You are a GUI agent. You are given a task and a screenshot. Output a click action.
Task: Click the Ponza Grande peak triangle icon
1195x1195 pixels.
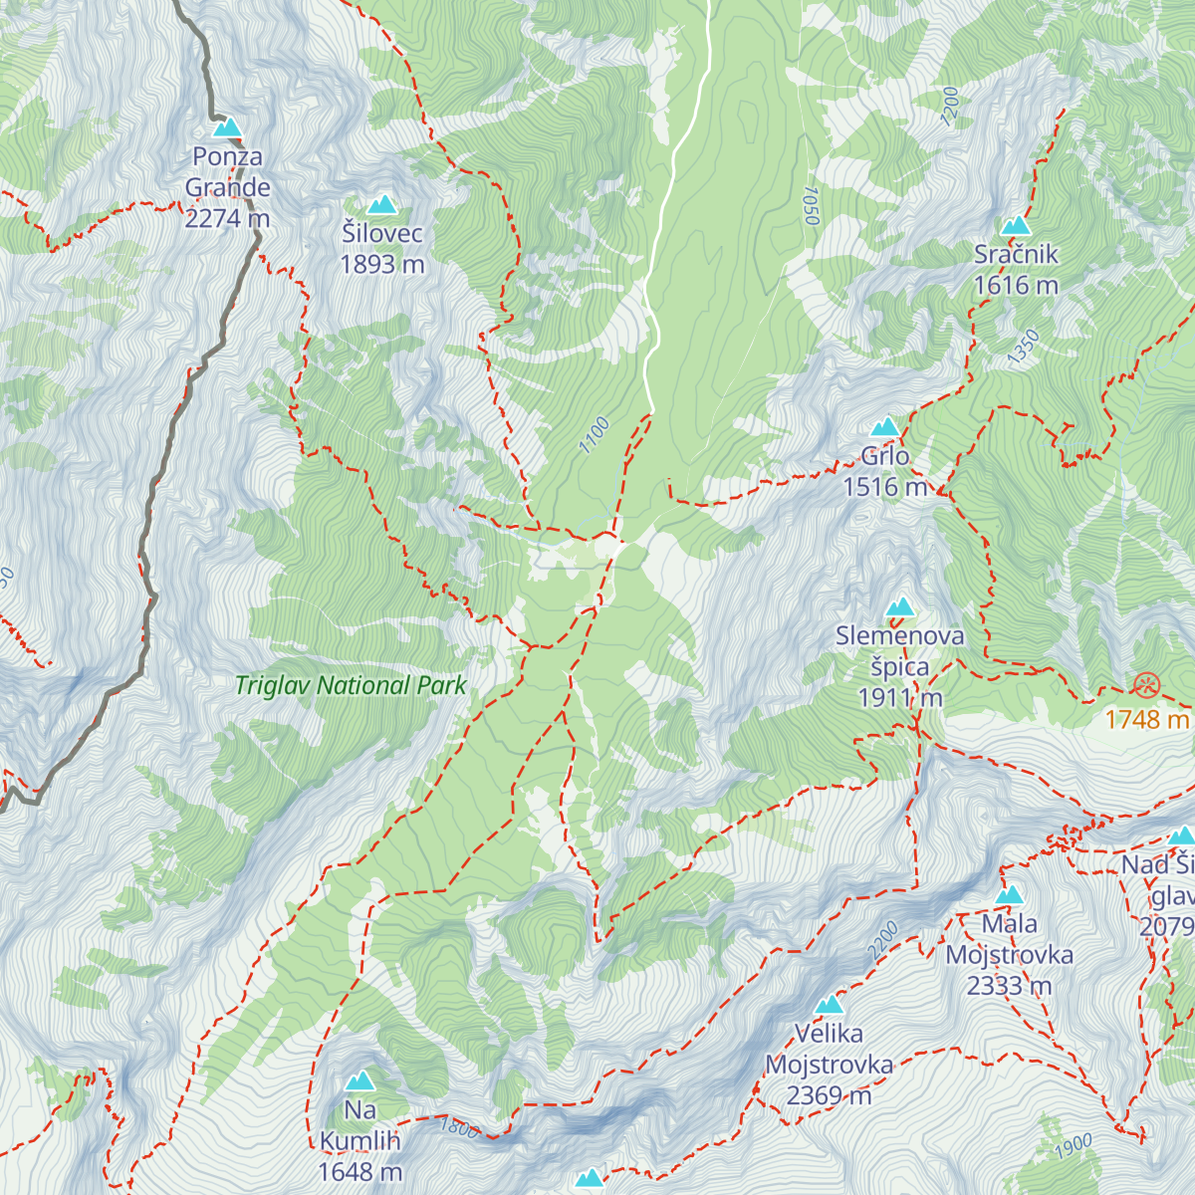[228, 128]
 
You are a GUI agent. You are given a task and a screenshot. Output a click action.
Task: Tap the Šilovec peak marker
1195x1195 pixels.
[381, 205]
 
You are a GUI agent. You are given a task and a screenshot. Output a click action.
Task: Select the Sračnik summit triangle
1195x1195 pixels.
[1015, 226]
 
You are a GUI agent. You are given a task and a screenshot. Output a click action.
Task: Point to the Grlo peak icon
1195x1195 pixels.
[884, 428]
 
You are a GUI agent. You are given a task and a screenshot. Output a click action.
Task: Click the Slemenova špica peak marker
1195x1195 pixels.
[900, 607]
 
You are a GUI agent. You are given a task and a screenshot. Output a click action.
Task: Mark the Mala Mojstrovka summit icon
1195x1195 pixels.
[1009, 895]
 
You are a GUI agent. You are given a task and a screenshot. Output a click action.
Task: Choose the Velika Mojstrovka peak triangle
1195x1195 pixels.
[829, 1005]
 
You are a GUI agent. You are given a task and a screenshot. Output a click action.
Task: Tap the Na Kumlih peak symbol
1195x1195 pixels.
[359, 1081]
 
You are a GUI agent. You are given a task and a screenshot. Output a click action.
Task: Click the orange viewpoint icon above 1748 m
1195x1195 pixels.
[1147, 684]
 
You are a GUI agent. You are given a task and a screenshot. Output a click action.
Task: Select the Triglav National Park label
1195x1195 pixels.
[351, 685]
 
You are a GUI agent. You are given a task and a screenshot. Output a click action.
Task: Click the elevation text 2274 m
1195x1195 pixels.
[227, 218]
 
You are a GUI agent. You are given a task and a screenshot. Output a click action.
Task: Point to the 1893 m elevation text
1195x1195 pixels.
[382, 264]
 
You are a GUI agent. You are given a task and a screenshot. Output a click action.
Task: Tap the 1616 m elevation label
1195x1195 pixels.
[1016, 285]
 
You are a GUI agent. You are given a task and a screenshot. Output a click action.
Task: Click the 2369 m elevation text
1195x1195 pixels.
[829, 1095]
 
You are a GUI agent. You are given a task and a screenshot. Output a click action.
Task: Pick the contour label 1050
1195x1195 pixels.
[810, 206]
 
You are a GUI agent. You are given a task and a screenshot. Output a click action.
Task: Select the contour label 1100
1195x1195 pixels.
[595, 435]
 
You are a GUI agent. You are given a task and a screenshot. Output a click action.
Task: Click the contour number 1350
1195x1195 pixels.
[1023, 347]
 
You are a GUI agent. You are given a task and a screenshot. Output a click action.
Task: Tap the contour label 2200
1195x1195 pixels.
[882, 941]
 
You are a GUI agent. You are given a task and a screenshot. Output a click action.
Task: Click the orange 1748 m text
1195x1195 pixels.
[1147, 719]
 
